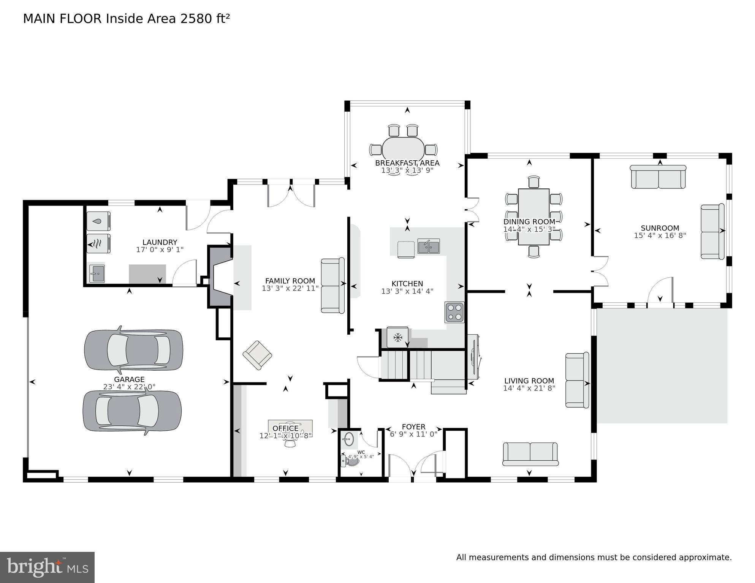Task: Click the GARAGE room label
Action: [x=129, y=379]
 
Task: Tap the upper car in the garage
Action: [x=133, y=350]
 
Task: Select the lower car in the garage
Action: [x=132, y=411]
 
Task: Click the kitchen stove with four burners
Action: [x=454, y=312]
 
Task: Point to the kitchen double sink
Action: [x=429, y=246]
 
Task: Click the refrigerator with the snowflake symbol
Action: [x=397, y=337]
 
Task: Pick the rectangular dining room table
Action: [x=533, y=217]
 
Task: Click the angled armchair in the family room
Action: [x=257, y=355]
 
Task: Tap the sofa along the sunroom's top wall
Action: [x=658, y=177]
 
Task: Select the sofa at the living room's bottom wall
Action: [x=530, y=454]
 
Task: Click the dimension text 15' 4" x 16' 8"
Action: [x=660, y=235]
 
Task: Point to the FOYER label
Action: [x=413, y=427]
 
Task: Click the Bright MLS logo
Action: [x=47, y=567]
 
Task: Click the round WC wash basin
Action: [x=348, y=440]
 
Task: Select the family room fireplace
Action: [x=220, y=277]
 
